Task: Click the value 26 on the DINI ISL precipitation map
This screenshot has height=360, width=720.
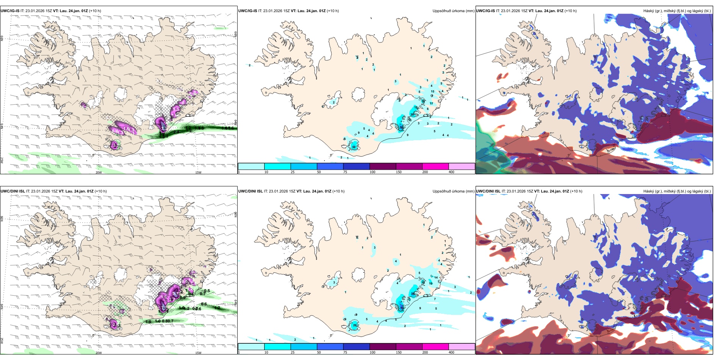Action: coord(355,325)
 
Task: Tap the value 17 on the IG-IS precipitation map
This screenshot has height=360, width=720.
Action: coord(431,103)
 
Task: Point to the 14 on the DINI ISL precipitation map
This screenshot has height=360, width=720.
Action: coord(436,277)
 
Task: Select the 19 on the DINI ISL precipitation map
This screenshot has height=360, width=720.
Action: coord(430,283)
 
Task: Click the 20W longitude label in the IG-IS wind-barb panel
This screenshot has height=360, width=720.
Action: coord(99,172)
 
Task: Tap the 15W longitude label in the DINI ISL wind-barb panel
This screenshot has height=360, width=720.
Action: coord(198,353)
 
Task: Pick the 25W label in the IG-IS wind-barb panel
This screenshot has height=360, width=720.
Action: coord(2,160)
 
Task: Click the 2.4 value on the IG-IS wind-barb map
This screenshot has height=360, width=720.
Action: coord(177,132)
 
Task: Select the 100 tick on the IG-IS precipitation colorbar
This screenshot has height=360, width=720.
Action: coord(373,172)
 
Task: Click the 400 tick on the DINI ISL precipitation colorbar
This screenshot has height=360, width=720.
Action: coord(451,352)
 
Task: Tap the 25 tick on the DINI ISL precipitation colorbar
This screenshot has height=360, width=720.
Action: coord(293,352)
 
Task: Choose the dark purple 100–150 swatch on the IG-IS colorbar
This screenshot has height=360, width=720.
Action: coord(383,166)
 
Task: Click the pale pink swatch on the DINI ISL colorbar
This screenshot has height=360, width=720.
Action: coord(462,347)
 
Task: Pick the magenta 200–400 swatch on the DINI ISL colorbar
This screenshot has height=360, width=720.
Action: coord(435,347)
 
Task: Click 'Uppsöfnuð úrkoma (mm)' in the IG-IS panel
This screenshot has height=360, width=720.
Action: coord(453,11)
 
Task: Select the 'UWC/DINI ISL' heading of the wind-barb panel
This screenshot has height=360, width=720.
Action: coord(13,191)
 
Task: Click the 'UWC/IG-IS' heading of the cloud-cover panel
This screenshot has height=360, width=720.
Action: coord(485,11)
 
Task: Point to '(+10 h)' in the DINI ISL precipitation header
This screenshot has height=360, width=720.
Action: coord(338,191)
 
